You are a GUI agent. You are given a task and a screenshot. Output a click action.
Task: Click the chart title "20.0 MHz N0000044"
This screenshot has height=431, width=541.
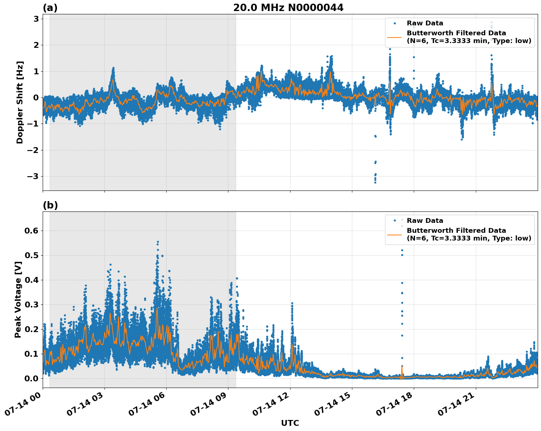[288, 8]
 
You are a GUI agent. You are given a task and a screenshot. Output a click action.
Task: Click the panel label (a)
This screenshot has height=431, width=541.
[50, 8]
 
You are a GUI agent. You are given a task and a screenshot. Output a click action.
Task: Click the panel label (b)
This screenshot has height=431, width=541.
[50, 205]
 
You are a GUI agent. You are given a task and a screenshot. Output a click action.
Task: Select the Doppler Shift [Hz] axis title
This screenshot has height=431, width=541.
[20, 102]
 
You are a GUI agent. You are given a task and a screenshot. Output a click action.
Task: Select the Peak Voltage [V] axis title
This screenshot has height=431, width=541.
[18, 299]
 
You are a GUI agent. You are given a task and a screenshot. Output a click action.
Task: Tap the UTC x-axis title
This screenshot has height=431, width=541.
[290, 423]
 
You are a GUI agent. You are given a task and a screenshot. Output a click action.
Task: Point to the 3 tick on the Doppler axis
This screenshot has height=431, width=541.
[36, 19]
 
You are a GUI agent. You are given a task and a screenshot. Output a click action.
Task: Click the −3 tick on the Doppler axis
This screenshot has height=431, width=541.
[33, 176]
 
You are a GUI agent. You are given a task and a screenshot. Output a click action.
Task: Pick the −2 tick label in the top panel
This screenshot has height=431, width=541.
[33, 150]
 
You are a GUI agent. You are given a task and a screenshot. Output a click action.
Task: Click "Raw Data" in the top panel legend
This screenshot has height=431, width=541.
[425, 24]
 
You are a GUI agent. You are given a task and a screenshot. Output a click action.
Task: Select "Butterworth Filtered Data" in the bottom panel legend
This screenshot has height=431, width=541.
[456, 231]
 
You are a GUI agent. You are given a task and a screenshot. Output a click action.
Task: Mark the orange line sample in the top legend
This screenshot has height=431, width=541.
[395, 37]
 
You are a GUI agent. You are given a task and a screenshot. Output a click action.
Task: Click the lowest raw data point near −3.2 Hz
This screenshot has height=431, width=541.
[375, 182]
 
